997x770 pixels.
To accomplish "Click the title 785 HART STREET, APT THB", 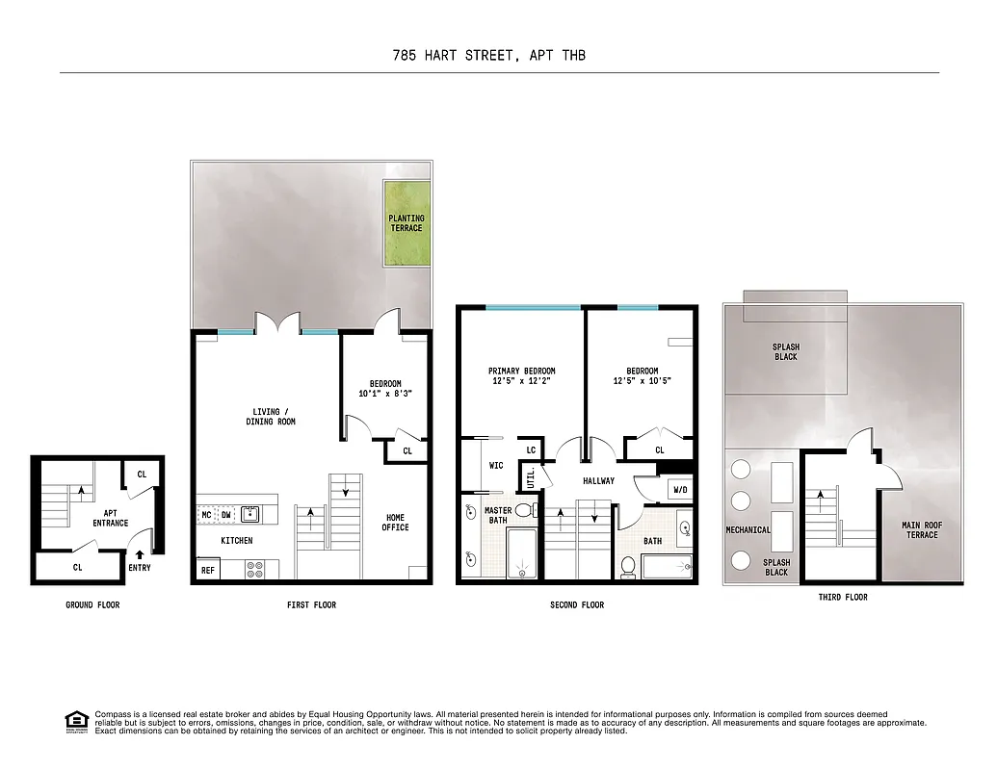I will (488, 55).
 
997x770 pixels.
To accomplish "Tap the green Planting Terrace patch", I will (407, 223).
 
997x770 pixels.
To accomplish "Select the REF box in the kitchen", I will (207, 570).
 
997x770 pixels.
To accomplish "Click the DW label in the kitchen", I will (225, 515).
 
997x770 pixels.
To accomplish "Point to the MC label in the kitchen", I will (206, 515).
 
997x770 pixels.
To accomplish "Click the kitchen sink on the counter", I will (249, 514).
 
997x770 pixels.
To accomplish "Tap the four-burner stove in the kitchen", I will (255, 569).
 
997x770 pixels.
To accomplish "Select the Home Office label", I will (395, 522).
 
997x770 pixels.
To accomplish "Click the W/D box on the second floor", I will (680, 490).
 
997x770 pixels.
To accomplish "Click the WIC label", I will (496, 466).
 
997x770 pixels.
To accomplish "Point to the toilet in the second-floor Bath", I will (628, 566).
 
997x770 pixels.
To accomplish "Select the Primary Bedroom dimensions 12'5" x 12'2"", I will (521, 381).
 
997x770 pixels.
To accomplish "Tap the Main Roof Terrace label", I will (920, 529).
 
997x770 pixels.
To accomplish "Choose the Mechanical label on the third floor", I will (748, 529).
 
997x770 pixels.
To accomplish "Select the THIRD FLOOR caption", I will (843, 597).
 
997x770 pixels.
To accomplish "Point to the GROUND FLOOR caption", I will (92, 604).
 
